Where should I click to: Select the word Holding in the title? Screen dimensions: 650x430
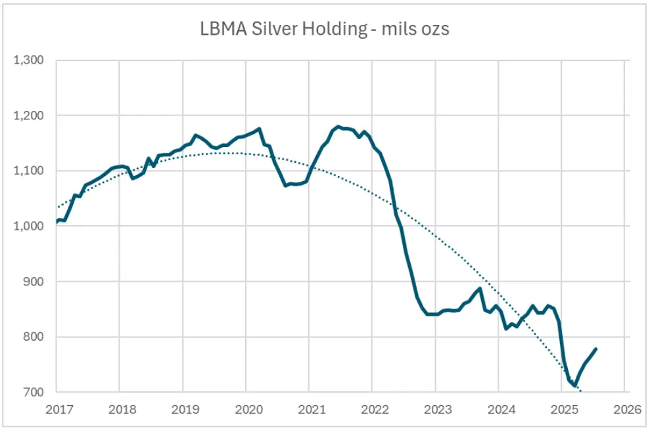coord(335,30)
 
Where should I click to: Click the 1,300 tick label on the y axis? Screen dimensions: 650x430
coord(29,60)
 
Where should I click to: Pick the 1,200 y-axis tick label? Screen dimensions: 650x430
coord(29,116)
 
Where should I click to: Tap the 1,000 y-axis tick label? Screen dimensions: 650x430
coord(29,226)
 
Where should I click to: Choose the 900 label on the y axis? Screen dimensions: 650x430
coord(32,282)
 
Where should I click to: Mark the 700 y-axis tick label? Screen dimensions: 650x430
coord(32,393)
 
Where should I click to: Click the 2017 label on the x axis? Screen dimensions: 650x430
coord(60,410)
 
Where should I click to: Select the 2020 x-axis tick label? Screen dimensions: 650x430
coord(249,410)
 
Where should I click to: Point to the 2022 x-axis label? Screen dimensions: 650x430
coord(375,410)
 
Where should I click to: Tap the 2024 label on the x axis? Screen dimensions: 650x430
coord(501,410)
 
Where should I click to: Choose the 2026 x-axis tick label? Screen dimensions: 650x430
coord(628,410)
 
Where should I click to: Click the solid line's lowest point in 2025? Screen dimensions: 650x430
coord(574,385)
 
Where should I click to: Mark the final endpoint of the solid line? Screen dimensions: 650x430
coord(596,349)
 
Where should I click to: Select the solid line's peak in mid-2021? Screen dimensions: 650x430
coord(338,127)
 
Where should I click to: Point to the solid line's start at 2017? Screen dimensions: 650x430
coord(57,222)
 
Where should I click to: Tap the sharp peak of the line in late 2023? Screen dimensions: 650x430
coord(480,288)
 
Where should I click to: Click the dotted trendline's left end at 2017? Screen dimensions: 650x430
coord(58,207)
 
